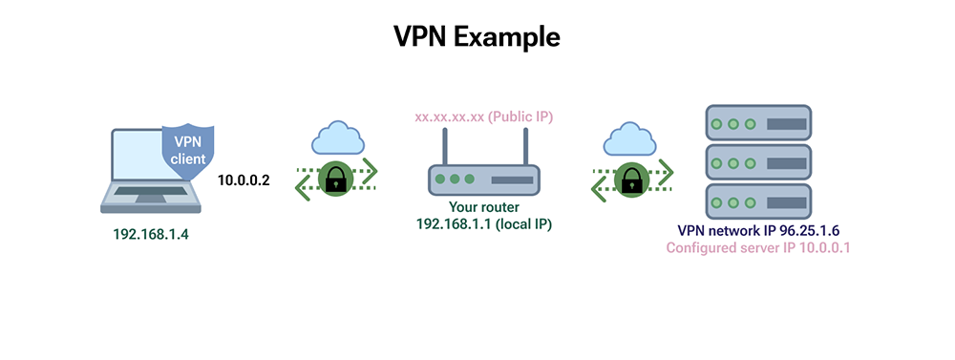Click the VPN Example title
click(x=477, y=37)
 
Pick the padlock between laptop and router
click(x=334, y=178)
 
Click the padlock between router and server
click(x=630, y=178)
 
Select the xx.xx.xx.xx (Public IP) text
click(x=483, y=117)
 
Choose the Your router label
click(x=483, y=206)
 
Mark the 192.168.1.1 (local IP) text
click(x=483, y=223)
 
